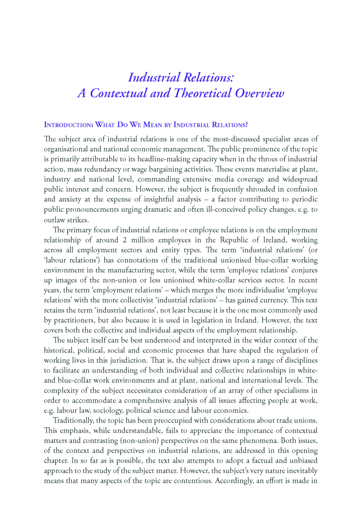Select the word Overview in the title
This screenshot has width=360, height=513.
point(259,93)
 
